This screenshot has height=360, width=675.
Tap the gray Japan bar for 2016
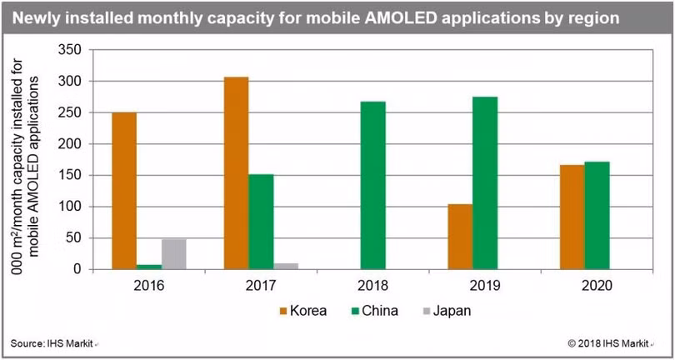[173, 254]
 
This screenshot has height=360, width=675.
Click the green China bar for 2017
[260, 222]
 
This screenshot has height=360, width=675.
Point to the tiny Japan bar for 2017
[285, 266]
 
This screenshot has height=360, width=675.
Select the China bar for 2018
[372, 185]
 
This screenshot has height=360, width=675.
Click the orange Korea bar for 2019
[460, 237]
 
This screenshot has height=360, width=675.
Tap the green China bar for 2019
[484, 182]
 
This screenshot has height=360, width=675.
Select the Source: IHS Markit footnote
[55, 343]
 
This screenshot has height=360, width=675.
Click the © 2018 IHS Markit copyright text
[612, 343]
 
